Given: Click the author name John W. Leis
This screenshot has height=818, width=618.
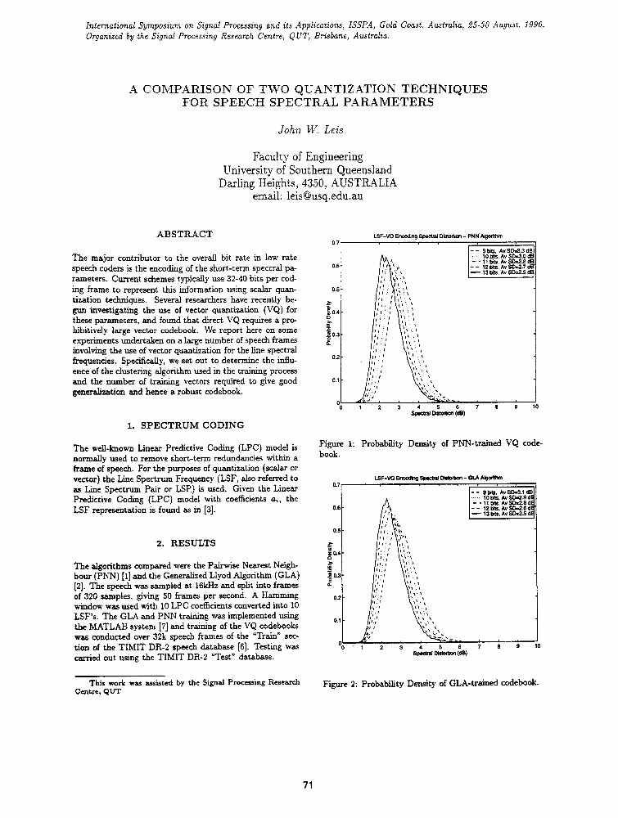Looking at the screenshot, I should click(x=309, y=129).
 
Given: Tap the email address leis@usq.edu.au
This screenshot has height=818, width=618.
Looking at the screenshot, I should click(x=309, y=196).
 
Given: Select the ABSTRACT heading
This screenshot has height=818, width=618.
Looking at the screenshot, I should click(x=184, y=234).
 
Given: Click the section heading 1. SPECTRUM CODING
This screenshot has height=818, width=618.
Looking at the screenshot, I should click(x=186, y=425).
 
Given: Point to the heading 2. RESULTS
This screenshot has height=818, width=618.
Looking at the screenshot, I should click(x=186, y=542).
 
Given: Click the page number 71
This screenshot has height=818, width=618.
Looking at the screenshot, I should click(x=309, y=785).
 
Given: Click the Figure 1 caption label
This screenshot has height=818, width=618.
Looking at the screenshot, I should click(x=336, y=443).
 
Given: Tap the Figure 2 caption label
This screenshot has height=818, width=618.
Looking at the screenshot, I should click(x=341, y=682).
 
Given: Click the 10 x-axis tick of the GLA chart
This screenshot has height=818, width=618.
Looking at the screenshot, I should click(x=537, y=646).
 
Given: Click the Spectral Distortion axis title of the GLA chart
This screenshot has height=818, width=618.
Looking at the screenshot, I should click(x=440, y=654).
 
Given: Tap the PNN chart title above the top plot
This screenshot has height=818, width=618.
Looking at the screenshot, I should click(x=438, y=236).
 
